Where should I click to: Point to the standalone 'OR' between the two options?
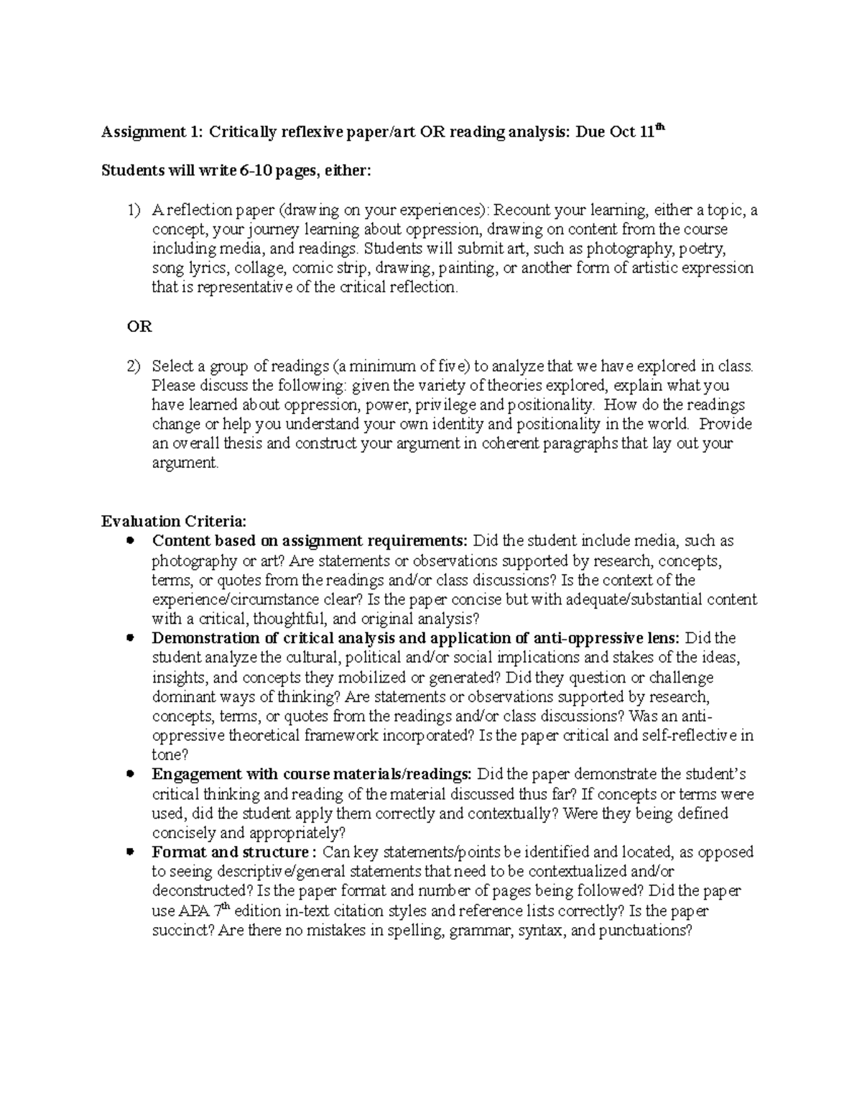pyautogui.click(x=139, y=327)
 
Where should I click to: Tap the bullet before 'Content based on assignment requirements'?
pyautogui.click(x=130, y=540)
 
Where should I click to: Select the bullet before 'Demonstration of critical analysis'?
pyautogui.click(x=130, y=638)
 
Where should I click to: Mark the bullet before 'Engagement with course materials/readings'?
pyautogui.click(x=130, y=775)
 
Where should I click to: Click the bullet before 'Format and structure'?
pyautogui.click(x=130, y=852)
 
